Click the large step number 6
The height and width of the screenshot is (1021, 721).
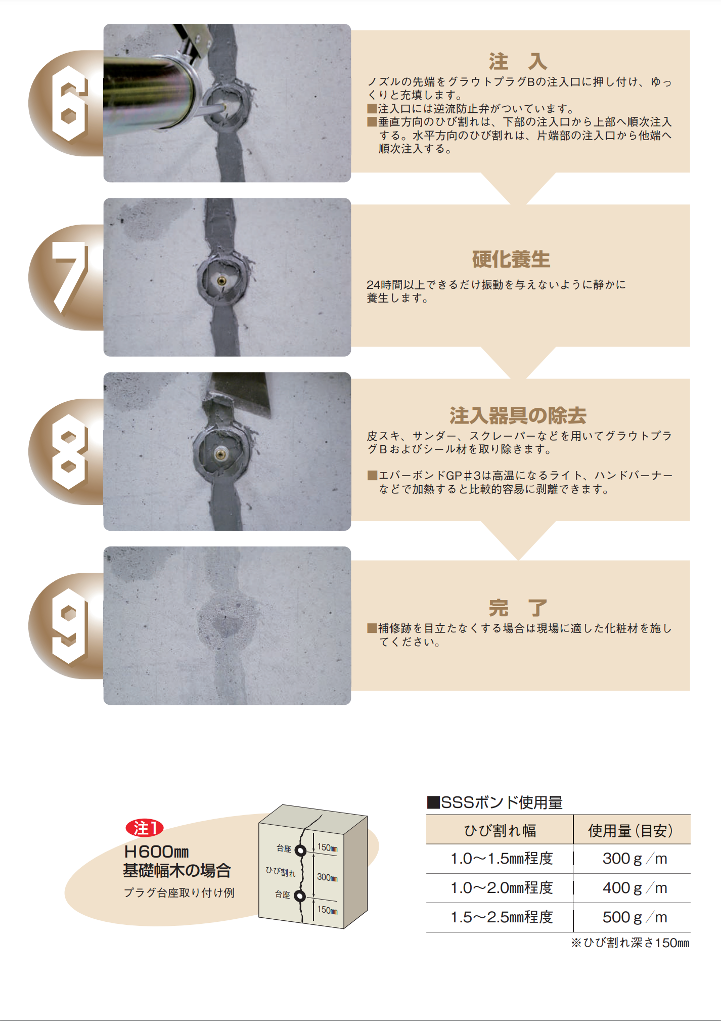click(69, 103)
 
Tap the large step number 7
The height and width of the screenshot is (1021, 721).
click(69, 277)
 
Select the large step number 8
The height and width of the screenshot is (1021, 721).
click(69, 452)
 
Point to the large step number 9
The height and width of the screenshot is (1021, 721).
click(69, 626)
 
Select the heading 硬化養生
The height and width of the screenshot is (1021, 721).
click(511, 260)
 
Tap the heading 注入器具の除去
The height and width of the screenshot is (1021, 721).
click(518, 416)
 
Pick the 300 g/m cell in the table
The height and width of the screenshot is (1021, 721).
click(635, 859)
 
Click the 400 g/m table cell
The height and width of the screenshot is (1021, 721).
click(635, 888)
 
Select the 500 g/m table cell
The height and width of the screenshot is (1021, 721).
click(635, 917)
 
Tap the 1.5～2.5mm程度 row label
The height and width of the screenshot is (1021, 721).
click(502, 917)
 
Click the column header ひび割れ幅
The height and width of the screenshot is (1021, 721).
click(500, 830)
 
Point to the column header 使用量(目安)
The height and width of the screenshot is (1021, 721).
click(630, 830)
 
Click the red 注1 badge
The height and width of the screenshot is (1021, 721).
click(145, 828)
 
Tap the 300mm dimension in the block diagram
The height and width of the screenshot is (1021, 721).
click(327, 877)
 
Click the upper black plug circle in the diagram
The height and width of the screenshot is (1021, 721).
click(300, 850)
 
